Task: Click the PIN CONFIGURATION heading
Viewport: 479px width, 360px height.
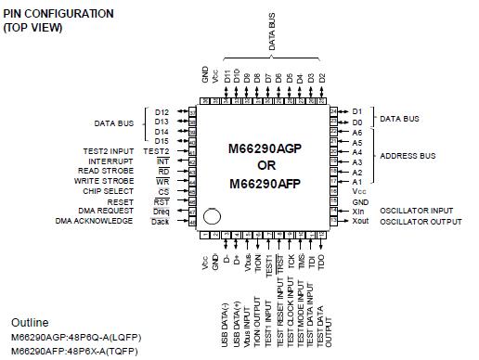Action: [x=58, y=14]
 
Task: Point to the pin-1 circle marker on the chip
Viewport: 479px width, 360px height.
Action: [x=213, y=217]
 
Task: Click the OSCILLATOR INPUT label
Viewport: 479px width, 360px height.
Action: [x=417, y=211]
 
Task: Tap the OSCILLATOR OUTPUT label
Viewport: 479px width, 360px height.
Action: [x=421, y=222]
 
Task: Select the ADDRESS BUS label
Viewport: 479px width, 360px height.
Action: [x=409, y=155]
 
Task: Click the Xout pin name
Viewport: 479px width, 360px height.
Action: [x=361, y=222]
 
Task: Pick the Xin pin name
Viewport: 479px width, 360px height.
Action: [x=358, y=212]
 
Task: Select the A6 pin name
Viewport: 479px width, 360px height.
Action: [x=357, y=133]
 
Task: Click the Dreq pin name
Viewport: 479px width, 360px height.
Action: [x=161, y=212]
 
